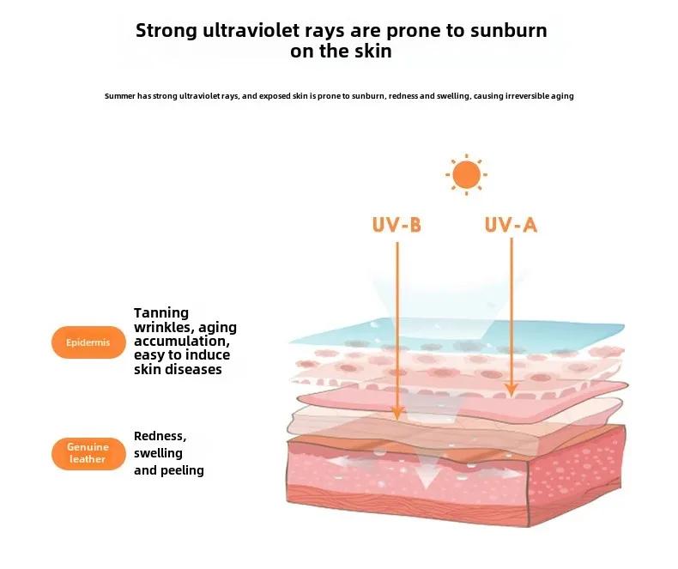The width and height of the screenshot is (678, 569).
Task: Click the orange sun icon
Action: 466,175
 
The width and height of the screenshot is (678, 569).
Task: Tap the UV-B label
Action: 397,225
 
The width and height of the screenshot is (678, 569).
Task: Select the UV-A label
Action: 511,225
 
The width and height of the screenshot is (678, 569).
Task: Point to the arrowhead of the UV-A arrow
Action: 512,390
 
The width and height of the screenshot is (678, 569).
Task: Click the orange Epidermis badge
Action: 88,342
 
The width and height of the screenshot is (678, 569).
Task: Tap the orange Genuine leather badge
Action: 88,453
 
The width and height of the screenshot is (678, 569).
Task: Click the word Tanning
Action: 161,313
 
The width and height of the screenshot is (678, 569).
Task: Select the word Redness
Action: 160,436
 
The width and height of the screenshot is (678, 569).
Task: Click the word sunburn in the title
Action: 508,30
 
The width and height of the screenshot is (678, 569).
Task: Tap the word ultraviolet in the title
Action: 251,30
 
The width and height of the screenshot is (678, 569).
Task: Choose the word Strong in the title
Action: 166,31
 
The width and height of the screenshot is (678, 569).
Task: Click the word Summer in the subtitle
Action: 120,96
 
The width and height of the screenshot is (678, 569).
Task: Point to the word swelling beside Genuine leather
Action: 158,453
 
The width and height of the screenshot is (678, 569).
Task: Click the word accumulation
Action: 182,341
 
